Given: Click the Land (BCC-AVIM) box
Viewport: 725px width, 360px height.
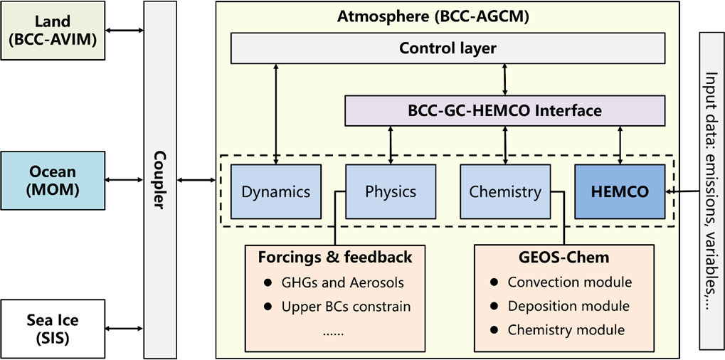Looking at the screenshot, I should click(52, 31).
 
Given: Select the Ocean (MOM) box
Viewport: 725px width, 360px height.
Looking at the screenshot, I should click(52, 181).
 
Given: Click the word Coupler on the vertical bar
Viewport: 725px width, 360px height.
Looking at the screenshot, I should click(160, 181).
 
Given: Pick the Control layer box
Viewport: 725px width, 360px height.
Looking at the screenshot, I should click(447, 48).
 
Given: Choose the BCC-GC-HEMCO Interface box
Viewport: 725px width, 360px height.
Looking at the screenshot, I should click(504, 111).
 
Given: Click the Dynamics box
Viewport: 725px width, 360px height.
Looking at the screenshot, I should click(275, 191).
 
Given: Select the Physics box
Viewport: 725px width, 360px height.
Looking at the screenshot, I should click(390, 191).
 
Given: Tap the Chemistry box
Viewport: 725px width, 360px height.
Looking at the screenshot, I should click(504, 191).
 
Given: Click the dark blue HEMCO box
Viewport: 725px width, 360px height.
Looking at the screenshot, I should click(620, 191).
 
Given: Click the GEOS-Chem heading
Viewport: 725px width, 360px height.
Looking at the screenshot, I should click(563, 257).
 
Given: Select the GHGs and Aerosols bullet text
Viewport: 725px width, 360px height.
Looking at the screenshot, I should click(342, 282).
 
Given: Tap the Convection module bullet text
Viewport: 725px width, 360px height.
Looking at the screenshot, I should click(569, 282).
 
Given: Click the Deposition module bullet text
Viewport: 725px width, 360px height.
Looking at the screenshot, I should click(568, 306).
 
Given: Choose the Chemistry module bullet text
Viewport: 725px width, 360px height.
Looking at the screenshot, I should click(566, 330).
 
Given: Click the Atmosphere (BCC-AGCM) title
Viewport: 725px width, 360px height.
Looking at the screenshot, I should click(447, 15).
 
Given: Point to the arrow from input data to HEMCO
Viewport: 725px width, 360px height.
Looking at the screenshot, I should click(682, 191).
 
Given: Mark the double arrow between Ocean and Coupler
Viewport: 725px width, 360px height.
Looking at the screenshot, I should click(125, 181).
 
